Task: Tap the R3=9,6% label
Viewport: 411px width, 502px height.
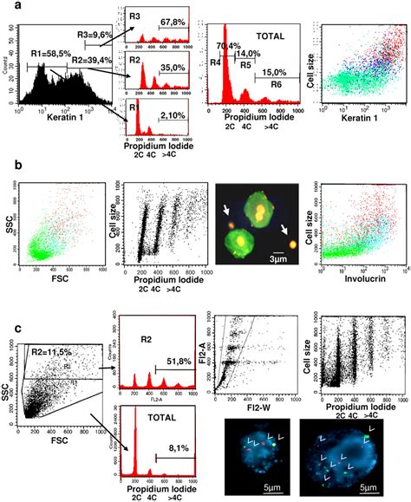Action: pyautogui.click(x=94, y=34)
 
